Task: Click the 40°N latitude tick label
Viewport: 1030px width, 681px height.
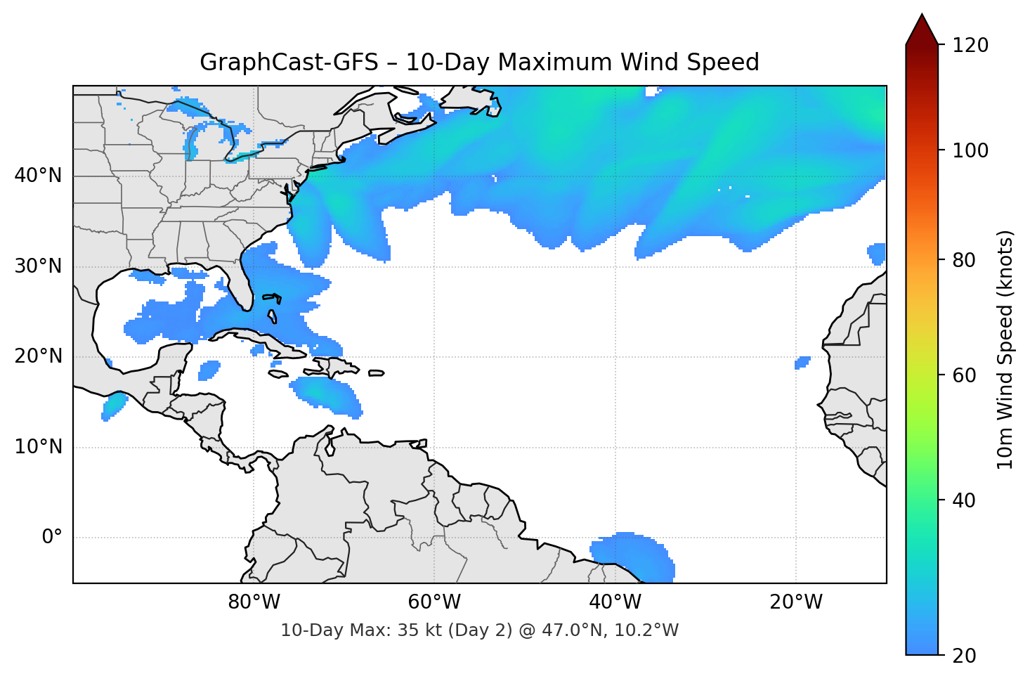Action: point(38,176)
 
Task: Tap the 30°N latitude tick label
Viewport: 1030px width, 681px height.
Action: point(38,266)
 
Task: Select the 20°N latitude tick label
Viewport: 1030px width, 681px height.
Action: point(38,356)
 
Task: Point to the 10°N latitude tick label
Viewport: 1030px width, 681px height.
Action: point(38,447)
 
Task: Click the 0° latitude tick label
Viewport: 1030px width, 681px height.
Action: point(52,538)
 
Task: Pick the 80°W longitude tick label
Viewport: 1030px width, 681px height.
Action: point(254,602)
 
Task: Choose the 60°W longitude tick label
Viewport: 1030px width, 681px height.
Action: point(434,602)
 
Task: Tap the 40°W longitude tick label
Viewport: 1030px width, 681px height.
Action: point(615,602)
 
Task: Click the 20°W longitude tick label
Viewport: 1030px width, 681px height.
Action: point(795,602)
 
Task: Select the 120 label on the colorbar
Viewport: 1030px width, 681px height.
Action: point(970,46)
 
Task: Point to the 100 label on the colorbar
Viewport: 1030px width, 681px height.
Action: point(970,150)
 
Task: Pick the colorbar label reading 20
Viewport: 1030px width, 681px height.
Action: point(964,656)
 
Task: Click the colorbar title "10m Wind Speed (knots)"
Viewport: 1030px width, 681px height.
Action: point(1005,349)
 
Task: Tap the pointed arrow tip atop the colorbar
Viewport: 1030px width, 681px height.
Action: point(922,17)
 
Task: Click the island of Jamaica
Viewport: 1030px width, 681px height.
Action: point(278,374)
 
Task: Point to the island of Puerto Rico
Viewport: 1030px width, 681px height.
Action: point(376,373)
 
